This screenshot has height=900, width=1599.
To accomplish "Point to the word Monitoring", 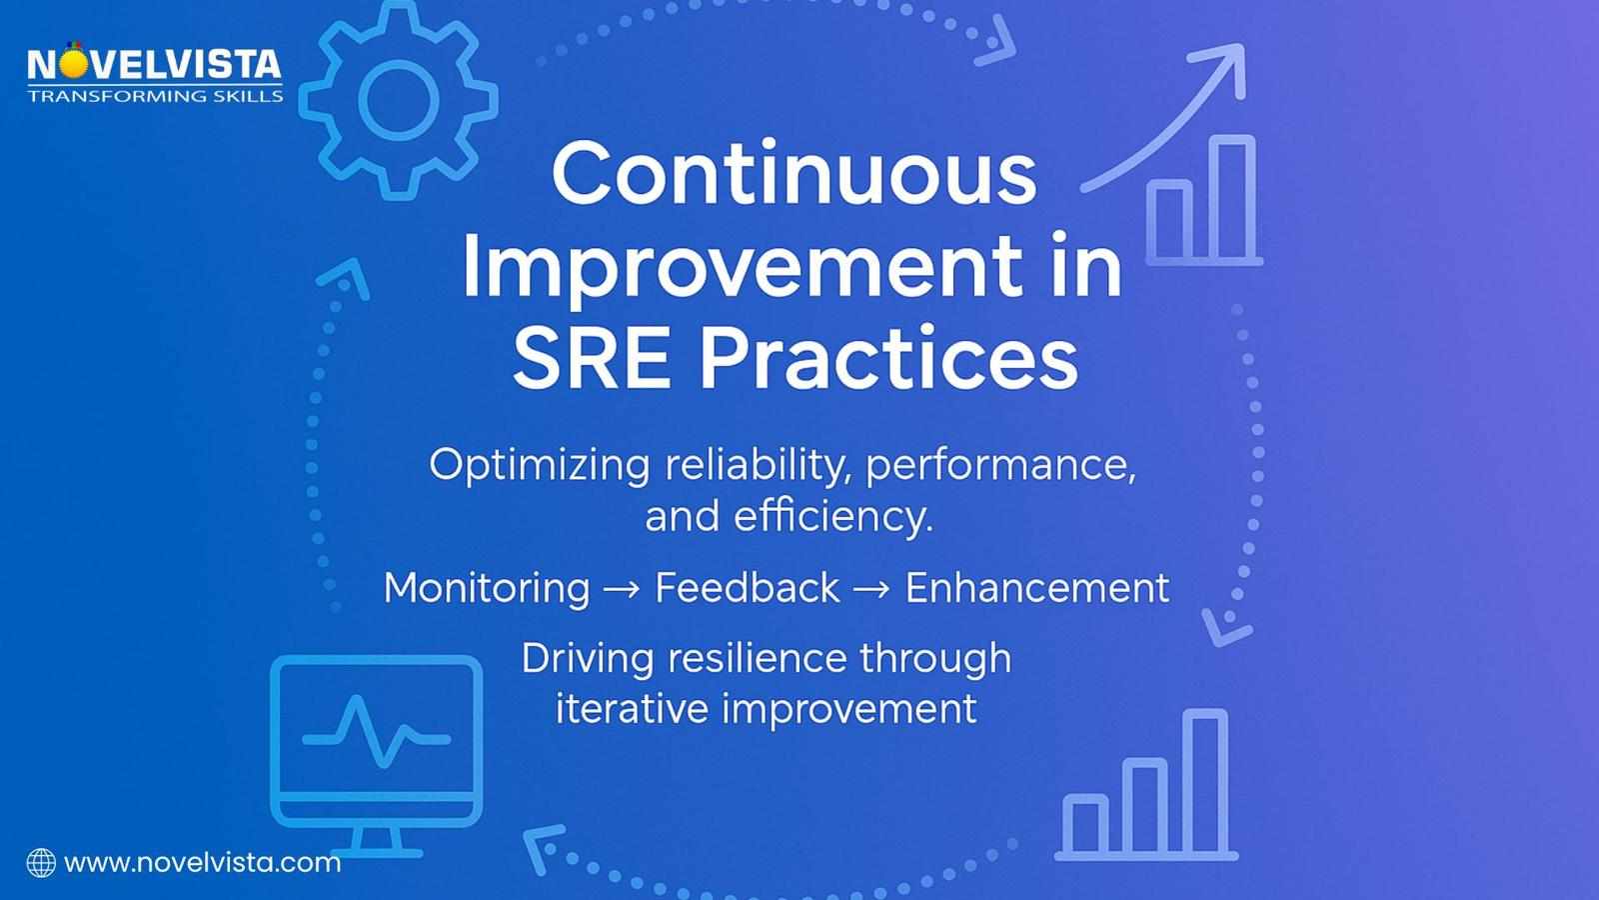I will [x=486, y=588].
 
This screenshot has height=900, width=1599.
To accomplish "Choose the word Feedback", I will [x=747, y=588].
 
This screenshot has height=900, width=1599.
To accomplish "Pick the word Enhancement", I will [x=1036, y=588].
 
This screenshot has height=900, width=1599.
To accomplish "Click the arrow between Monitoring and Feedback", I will [x=622, y=590].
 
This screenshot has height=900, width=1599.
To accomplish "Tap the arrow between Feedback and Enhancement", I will [x=871, y=590].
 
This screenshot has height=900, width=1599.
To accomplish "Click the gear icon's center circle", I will [x=398, y=99].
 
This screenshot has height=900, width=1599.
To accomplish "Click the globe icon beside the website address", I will [x=41, y=863].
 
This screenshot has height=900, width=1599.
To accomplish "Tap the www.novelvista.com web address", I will [x=202, y=862].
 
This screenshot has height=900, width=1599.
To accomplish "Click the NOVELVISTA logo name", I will [x=154, y=66].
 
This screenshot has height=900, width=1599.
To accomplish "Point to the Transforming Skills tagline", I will [x=155, y=96].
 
